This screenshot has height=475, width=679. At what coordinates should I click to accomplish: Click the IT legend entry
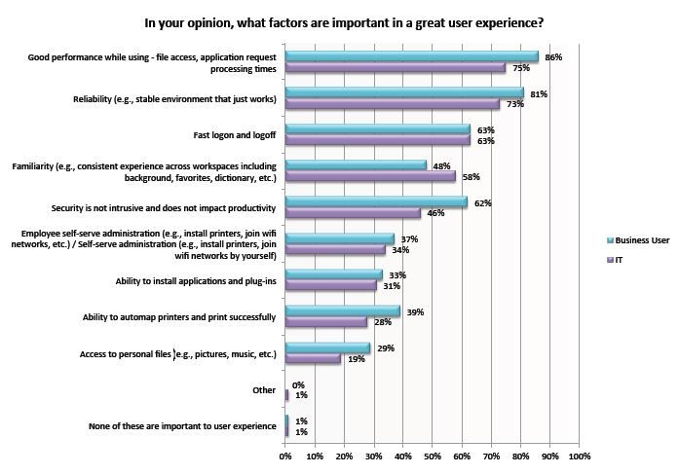click(x=620, y=261)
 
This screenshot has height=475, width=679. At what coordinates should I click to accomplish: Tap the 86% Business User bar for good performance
click(x=411, y=56)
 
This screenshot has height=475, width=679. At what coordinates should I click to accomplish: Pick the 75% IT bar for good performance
click(x=396, y=68)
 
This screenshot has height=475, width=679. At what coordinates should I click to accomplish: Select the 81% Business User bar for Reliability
click(x=404, y=92)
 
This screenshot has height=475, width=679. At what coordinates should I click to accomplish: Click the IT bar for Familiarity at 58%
click(x=370, y=176)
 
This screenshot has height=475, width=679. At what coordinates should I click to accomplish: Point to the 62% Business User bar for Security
click(x=376, y=201)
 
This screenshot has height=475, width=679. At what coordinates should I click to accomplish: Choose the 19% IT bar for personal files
click(x=313, y=358)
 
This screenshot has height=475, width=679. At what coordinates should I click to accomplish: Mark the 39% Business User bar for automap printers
click(x=342, y=311)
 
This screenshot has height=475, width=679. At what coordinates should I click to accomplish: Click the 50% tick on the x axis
click(x=433, y=456)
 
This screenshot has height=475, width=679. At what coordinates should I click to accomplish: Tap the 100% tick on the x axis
click(x=579, y=456)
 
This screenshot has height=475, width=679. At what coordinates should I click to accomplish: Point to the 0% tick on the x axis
click(x=285, y=456)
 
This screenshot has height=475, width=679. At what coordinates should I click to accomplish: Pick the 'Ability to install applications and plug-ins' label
click(x=196, y=280)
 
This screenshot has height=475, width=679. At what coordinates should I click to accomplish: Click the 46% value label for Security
click(x=434, y=212)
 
